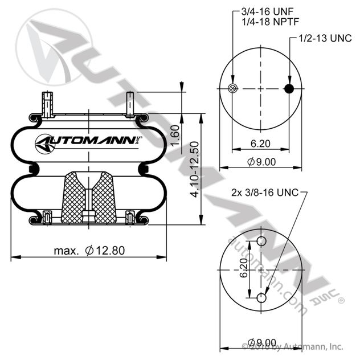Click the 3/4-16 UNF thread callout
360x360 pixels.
[259, 11]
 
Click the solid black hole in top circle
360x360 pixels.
[289, 88]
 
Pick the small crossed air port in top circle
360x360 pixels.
[231, 88]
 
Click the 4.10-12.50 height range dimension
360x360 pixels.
[195, 169]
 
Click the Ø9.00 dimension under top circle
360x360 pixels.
[261, 162]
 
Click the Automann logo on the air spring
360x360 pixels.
[88, 141]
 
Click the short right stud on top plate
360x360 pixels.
[130, 104]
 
